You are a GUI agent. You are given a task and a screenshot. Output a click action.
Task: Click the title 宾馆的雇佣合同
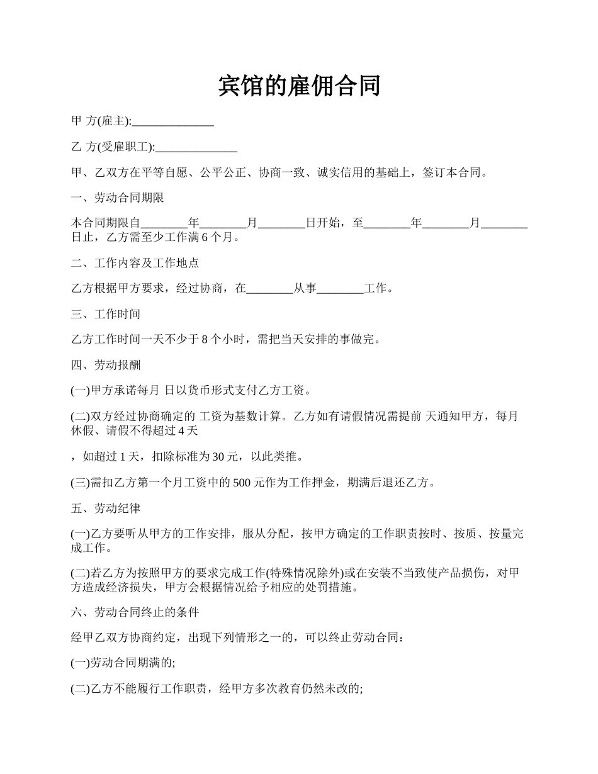pyautogui.click(x=299, y=86)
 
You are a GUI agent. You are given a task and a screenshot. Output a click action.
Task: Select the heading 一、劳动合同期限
pyautogui.click(x=118, y=198)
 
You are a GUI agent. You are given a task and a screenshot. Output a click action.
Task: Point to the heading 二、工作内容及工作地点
pyautogui.click(x=135, y=263)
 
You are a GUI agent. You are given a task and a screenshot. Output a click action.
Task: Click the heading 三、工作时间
pyautogui.click(x=106, y=314)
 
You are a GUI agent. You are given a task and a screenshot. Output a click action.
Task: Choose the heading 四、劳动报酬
pyautogui.click(x=106, y=365)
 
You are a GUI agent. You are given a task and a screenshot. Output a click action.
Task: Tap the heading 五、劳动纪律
pyautogui.click(x=106, y=508)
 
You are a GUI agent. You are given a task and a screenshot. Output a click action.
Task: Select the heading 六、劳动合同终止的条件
pyautogui.click(x=135, y=612)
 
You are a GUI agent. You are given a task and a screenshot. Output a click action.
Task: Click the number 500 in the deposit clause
pyautogui.click(x=242, y=483)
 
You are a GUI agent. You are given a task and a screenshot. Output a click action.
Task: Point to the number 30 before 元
pyautogui.click(x=218, y=456)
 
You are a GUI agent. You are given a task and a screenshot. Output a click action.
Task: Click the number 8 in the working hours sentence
pyautogui.click(x=205, y=340)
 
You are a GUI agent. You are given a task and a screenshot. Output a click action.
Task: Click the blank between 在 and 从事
pyautogui.click(x=269, y=289)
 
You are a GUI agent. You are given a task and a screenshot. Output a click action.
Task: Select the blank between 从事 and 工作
pyautogui.click(x=340, y=289)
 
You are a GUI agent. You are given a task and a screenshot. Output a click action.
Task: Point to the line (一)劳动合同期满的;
pyautogui.click(x=123, y=663)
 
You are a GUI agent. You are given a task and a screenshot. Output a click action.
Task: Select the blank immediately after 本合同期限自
pyautogui.click(x=164, y=223)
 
